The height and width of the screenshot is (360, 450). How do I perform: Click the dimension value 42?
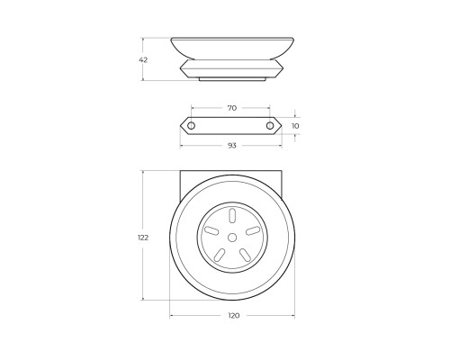pos(143,59)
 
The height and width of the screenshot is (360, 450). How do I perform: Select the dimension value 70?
pos(232,108)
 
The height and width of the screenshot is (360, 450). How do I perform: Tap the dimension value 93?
pos(232,146)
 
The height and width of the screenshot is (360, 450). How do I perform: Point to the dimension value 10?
pos(295,126)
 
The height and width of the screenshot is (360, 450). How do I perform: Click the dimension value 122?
pos(143,238)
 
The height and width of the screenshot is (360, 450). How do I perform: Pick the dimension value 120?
pos(234,316)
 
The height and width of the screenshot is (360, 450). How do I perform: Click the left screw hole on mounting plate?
pos(191,126)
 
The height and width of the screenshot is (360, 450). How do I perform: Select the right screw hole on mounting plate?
pos(270,126)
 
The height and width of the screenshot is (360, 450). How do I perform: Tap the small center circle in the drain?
pos(232,238)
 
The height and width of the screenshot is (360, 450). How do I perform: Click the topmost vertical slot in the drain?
pos(232,216)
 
